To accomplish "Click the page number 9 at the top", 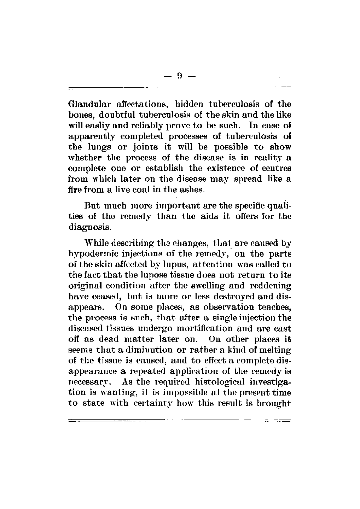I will click(x=180, y=75).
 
